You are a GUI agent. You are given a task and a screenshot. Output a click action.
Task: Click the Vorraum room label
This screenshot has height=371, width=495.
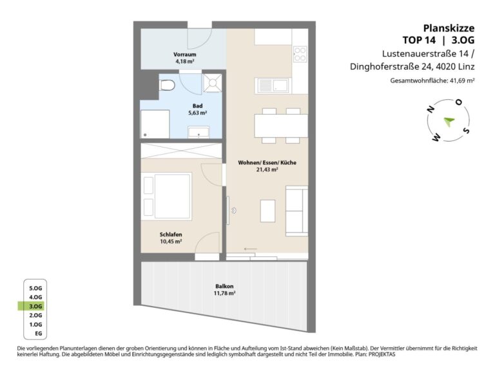185,54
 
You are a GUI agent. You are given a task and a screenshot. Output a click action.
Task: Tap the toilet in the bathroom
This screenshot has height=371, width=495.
168,85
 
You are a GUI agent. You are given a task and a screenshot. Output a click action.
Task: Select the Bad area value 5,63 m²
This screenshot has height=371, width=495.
198,113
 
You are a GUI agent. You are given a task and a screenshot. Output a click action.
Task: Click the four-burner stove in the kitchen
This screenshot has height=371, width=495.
300,54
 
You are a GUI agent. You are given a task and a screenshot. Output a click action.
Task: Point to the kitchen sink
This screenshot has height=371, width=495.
273,85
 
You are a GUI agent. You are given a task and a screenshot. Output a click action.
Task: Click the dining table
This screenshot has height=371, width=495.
281,126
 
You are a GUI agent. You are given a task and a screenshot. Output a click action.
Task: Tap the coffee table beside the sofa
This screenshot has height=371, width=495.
267,211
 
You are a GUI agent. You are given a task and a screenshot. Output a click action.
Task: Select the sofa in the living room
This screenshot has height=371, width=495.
296,211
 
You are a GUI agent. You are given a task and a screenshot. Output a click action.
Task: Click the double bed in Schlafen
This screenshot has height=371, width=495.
167,196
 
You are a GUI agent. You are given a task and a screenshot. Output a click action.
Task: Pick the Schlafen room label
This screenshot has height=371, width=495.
171,234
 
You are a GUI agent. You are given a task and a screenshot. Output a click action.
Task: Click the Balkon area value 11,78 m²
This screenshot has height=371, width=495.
225,293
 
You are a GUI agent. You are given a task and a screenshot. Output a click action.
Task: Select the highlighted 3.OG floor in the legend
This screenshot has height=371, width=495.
35,307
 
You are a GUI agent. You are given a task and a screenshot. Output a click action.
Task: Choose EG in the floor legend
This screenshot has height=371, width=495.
39,334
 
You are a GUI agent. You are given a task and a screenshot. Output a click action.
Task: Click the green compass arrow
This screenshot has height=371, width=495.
449,121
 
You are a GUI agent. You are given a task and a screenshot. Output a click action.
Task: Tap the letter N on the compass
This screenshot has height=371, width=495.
430,109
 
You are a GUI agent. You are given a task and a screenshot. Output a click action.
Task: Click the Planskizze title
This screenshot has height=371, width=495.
449,28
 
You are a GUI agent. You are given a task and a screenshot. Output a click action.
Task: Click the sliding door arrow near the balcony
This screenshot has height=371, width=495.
251,249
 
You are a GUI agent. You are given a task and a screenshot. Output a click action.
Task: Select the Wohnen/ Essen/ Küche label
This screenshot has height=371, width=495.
267,162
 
